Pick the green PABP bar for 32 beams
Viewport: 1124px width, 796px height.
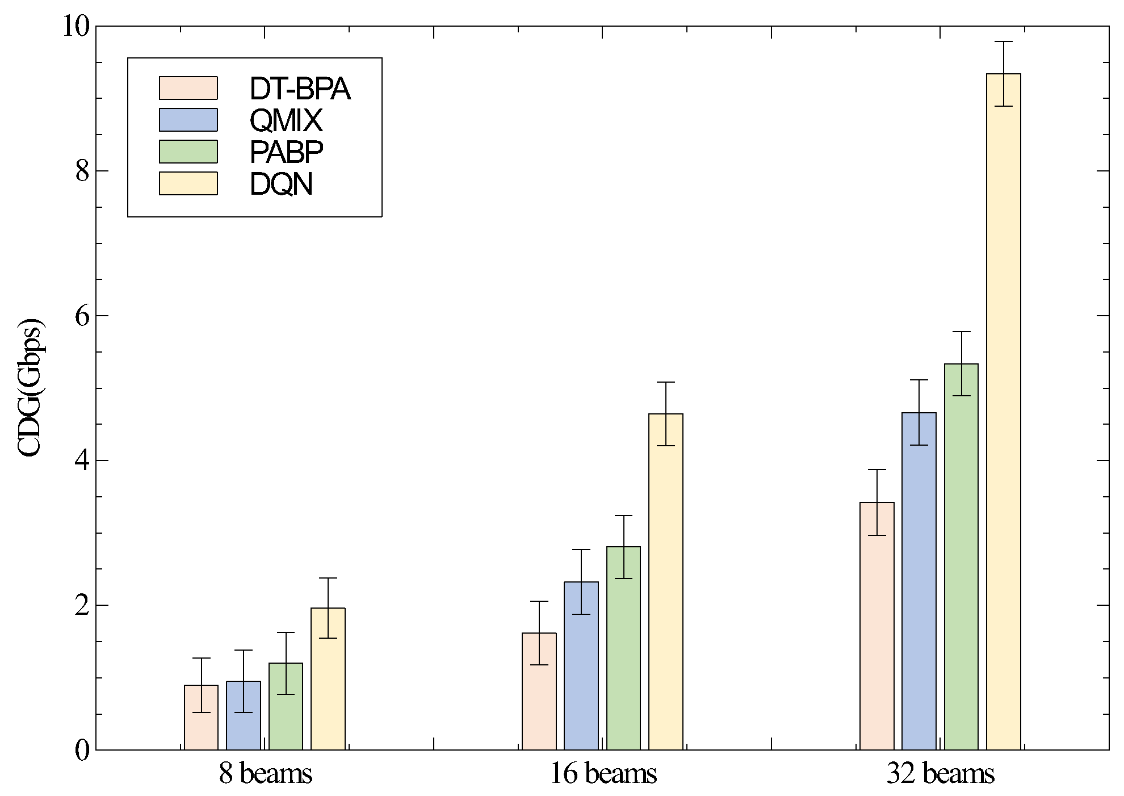[x=961, y=556]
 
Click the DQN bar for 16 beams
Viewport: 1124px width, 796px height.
[x=665, y=581]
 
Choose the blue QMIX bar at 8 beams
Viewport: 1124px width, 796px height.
[x=244, y=715]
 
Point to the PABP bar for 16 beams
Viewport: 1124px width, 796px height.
[x=623, y=648]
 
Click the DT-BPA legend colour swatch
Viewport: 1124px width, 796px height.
[x=188, y=88]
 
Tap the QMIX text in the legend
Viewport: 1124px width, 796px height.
[x=286, y=120]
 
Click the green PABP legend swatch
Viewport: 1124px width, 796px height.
[x=188, y=152]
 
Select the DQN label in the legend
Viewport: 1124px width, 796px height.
[x=282, y=184]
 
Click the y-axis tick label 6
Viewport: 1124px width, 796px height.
[x=83, y=316]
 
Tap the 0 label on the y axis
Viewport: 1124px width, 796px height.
[x=83, y=750]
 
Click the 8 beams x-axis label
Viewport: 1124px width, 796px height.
[x=266, y=774]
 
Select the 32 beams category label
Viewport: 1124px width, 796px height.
[x=940, y=774]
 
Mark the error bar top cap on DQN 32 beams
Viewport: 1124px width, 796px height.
[x=1004, y=42]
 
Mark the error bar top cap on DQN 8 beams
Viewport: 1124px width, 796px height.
[x=328, y=578]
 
